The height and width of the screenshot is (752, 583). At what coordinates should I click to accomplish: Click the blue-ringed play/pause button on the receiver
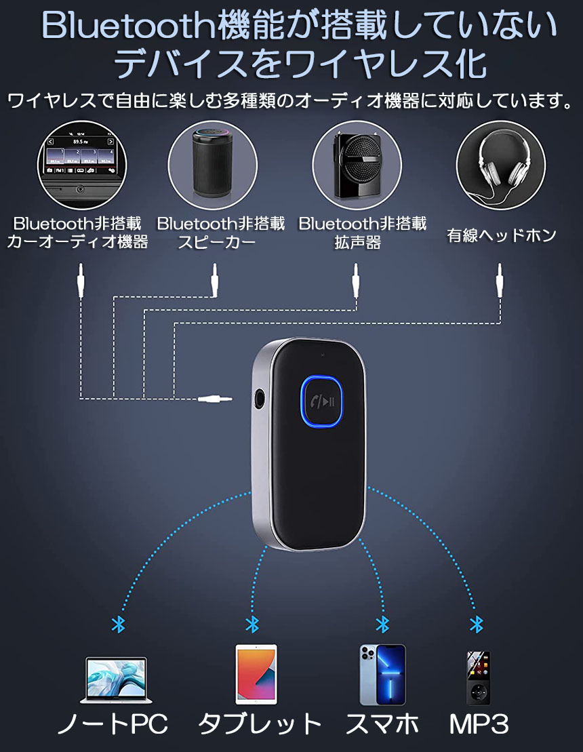click(x=322, y=401)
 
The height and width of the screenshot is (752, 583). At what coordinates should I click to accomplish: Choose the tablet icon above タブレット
click(x=256, y=674)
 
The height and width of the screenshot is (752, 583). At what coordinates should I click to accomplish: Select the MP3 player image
click(x=477, y=677)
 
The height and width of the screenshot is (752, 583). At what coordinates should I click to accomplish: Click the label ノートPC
click(x=112, y=724)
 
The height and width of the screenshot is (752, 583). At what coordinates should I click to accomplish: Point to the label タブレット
click(x=259, y=724)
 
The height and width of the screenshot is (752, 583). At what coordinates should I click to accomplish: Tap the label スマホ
click(x=382, y=724)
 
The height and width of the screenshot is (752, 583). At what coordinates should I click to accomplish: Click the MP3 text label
click(x=479, y=724)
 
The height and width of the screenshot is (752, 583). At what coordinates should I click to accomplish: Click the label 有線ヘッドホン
click(x=502, y=235)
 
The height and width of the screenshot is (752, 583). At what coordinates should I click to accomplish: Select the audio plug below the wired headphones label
click(x=500, y=280)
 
